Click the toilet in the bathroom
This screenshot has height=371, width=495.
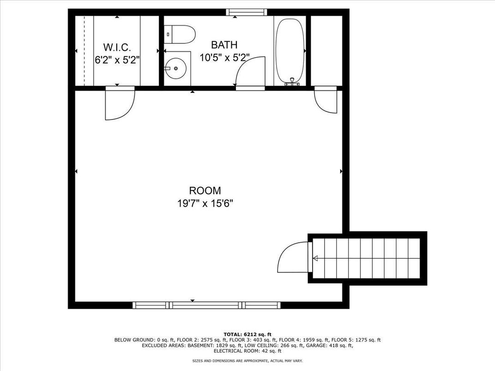tap(180, 35)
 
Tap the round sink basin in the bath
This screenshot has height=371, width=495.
tap(175, 68)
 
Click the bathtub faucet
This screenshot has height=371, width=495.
tap(292, 83)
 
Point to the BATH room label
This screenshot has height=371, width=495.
tap(224, 45)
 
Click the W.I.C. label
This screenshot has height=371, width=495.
tap(117, 48)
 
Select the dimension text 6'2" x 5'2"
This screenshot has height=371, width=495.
tap(117, 60)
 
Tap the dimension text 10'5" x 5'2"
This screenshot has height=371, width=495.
tap(224, 58)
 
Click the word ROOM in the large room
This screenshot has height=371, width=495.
tap(205, 191)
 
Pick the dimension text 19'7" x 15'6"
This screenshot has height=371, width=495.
tap(205, 203)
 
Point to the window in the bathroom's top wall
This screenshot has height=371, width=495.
tap(247, 12)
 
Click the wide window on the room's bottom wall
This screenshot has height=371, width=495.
tap(206, 305)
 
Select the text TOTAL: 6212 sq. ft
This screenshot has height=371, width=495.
tap(247, 335)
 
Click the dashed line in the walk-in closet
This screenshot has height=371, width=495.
tap(85, 50)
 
